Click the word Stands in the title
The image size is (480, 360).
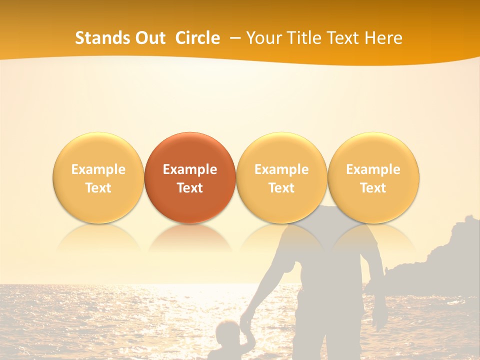101,38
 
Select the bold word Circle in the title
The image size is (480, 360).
197,38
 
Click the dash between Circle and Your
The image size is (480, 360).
234,38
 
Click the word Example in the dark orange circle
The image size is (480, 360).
190,169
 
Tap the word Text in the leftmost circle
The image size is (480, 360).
98,188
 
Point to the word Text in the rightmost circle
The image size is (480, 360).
373,188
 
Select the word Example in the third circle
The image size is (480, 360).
281,169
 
